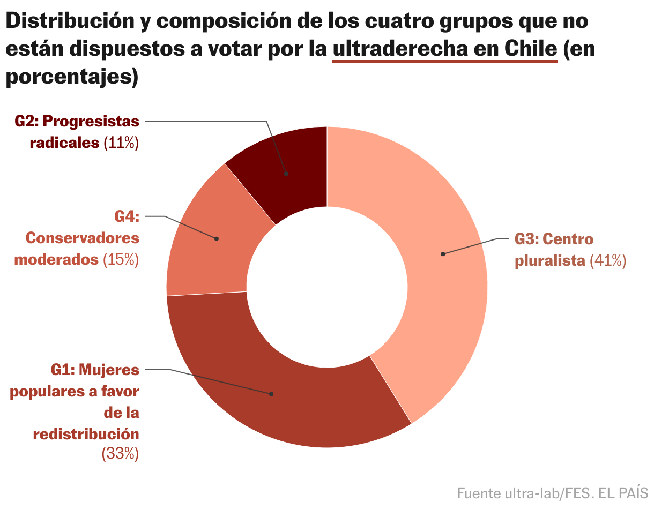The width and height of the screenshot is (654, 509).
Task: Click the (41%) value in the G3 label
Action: coord(607,261)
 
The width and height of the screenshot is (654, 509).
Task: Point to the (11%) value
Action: coord(121,143)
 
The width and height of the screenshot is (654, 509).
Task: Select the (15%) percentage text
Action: coord(121,260)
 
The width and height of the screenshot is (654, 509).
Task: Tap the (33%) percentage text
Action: coord(120,454)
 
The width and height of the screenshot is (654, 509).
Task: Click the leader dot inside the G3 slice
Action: coord(443,254)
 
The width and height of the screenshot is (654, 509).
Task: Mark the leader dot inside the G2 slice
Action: coord(286,174)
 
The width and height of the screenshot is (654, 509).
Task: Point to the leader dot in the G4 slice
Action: coord(217,239)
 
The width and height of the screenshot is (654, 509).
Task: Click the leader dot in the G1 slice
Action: coord(271,394)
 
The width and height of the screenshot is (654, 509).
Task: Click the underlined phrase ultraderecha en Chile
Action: coord(445,49)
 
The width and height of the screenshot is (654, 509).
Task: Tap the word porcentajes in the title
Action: coord(67,77)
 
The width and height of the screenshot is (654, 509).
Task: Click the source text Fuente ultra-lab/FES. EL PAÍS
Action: coord(552,492)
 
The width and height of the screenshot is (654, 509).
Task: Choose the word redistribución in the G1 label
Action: coord(86,433)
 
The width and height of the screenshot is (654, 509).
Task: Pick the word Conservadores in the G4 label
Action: coord(82,238)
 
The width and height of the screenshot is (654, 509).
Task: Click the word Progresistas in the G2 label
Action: coord(91,122)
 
